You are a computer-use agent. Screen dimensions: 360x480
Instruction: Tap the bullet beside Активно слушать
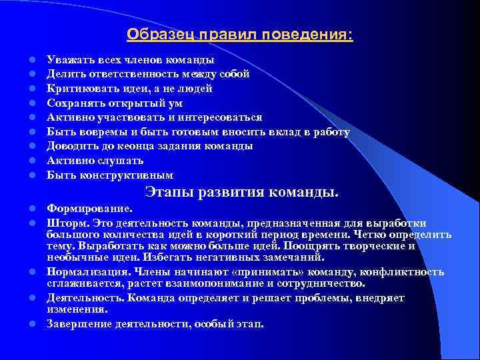point(31,161)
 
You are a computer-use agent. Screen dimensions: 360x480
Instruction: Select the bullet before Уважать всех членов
point(31,60)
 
